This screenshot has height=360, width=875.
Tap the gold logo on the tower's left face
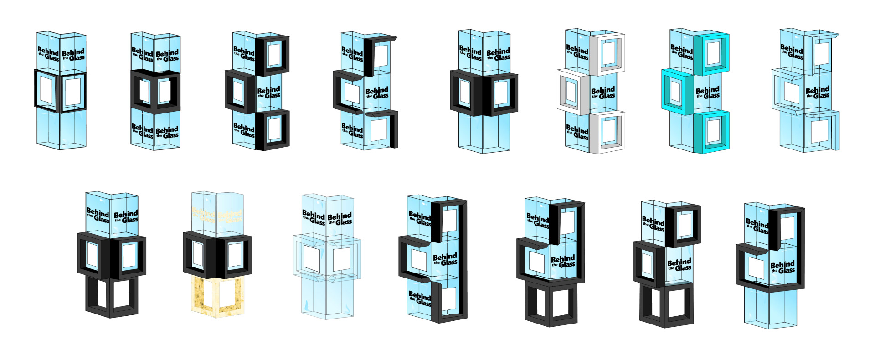203,215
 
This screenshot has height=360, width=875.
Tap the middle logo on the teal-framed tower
708,93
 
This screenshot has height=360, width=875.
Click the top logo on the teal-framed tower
682,51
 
